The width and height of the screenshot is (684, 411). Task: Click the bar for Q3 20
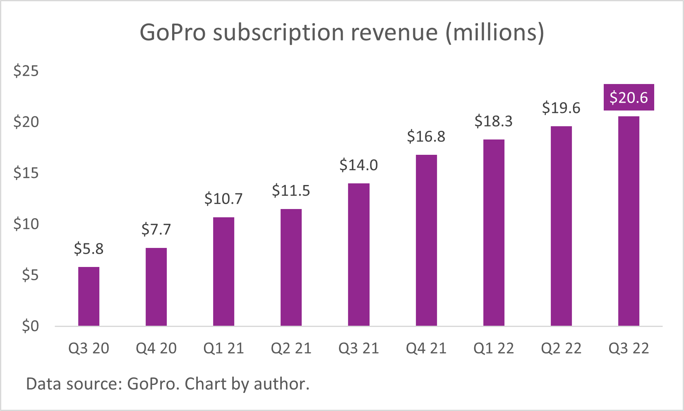coord(89,296)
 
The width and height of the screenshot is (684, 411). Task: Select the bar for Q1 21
coord(223,272)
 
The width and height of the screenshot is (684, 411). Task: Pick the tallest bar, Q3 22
coord(629,221)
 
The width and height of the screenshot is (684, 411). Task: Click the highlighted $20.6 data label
coord(629,98)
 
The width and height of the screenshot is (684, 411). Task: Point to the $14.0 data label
coord(358,165)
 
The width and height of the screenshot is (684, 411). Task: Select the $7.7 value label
coord(156,229)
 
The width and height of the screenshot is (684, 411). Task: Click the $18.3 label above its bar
coord(493,121)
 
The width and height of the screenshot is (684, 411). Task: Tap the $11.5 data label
coord(291,191)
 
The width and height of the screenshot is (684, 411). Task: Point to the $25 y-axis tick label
coord(26,71)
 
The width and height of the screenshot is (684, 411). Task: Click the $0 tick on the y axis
coord(30,326)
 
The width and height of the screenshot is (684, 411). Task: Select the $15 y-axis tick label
coord(26,173)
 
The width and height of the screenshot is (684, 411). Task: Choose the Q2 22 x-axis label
coord(561,349)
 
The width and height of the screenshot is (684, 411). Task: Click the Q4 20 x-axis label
coord(156,349)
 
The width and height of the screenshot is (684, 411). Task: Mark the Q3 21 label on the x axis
coord(358,349)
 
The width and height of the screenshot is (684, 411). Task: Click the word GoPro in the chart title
coord(173,33)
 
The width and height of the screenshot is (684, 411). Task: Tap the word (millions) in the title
coord(494,33)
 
